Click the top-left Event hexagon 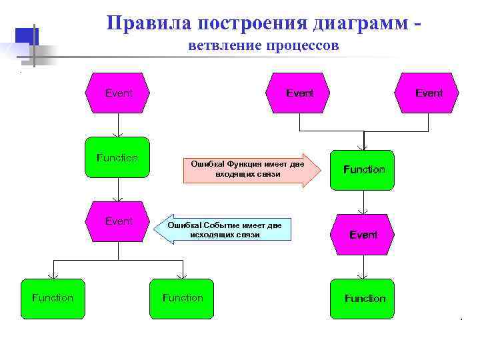coord(118,93)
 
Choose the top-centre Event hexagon coord(299,93)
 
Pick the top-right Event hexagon coord(428,93)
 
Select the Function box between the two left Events coord(118,158)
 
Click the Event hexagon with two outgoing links coord(118,221)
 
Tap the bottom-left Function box coord(53,298)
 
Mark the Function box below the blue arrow coord(182,298)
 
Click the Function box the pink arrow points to coord(363,170)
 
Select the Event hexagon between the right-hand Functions coord(363,235)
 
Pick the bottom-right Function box coord(364,298)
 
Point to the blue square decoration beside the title coord(25,37)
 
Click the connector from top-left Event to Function coord(118,125)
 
